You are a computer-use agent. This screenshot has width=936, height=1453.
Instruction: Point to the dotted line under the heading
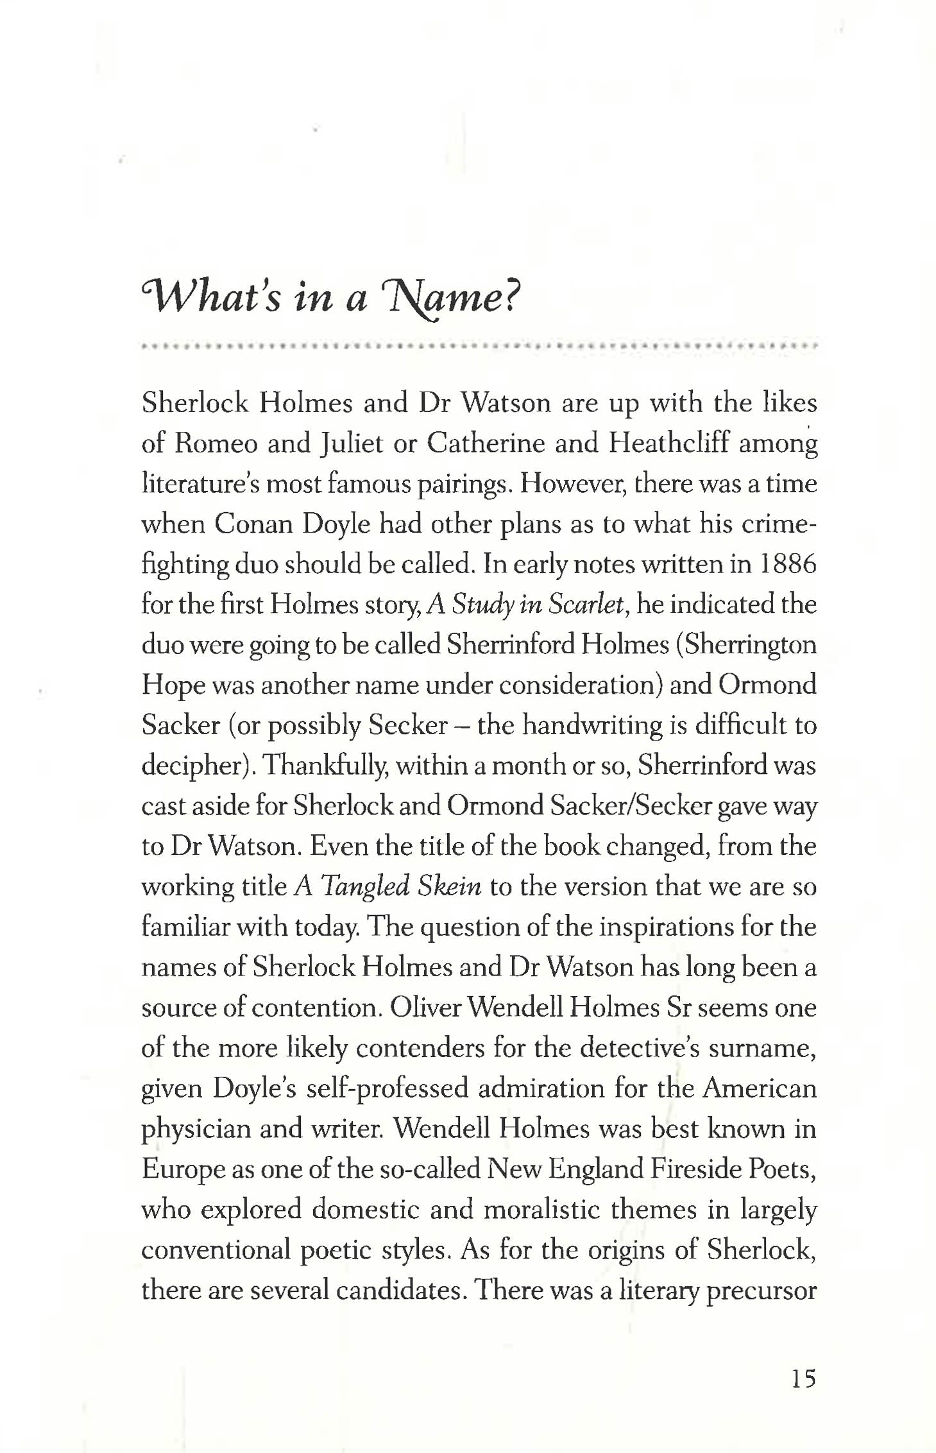point(480,346)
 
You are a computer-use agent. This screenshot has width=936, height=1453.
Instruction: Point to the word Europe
point(182,1169)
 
